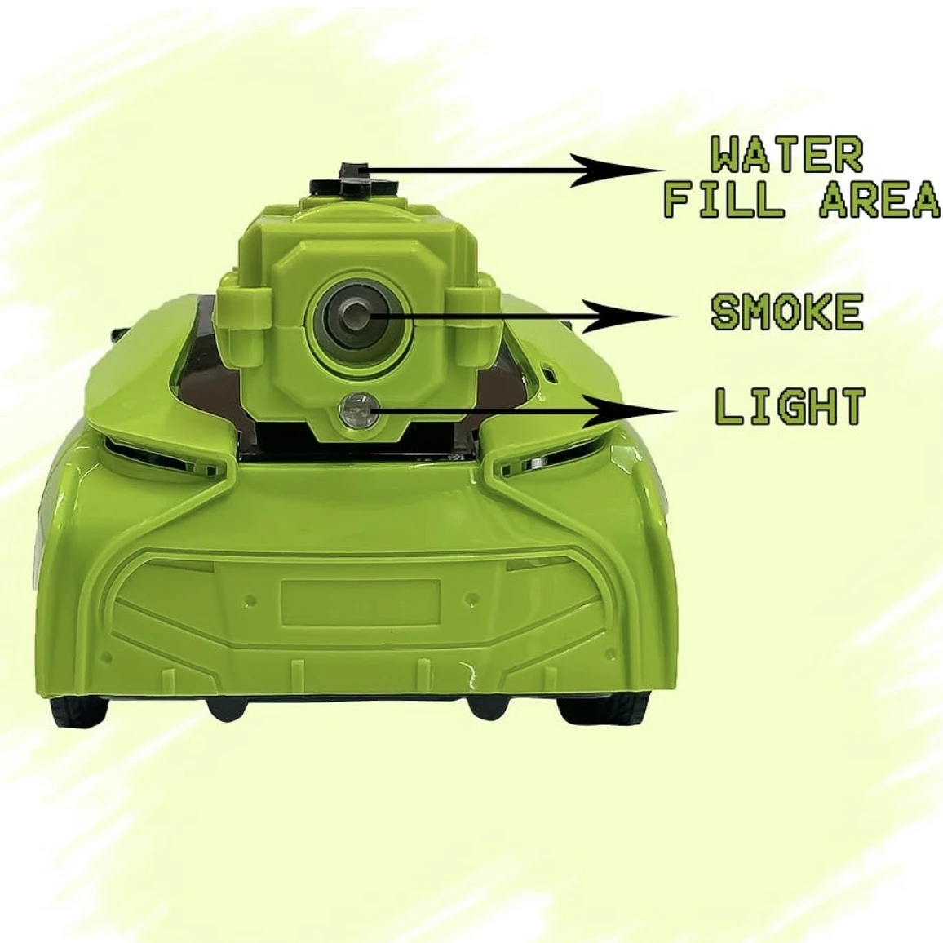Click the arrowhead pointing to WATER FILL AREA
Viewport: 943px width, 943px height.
click(617, 170)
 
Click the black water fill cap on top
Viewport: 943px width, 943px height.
click(355, 180)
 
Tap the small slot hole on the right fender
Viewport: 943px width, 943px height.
click(548, 373)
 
